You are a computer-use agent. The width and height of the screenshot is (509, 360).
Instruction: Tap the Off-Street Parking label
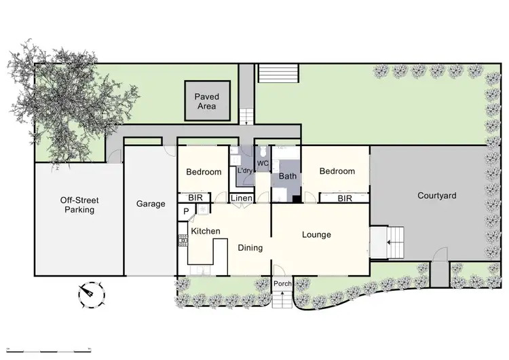tap(77, 205)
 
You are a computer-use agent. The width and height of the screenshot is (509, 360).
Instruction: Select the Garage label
tap(151, 203)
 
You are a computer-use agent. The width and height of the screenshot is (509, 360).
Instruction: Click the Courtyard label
tap(436, 196)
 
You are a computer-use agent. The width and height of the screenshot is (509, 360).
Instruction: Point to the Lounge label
tap(316, 235)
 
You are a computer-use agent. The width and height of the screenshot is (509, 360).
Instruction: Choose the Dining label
tap(250, 248)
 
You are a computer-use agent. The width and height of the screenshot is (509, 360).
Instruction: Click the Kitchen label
tap(205, 232)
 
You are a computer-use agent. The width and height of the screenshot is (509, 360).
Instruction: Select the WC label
tap(263, 164)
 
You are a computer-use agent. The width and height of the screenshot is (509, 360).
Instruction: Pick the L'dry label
tap(244, 170)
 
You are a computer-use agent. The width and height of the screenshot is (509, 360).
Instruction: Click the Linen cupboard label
tap(242, 198)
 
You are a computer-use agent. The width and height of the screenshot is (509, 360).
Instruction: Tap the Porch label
tap(282, 283)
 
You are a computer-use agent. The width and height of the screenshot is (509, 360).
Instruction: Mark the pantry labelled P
tap(186, 212)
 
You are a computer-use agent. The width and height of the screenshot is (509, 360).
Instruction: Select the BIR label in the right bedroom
tap(345, 198)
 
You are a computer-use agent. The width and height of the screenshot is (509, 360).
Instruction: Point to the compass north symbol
tap(88, 293)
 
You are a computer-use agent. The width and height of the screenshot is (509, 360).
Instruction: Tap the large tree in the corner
tap(61, 102)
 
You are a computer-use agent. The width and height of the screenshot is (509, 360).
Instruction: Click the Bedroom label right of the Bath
tap(337, 171)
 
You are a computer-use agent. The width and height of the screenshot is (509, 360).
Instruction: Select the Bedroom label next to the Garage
tap(204, 172)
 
